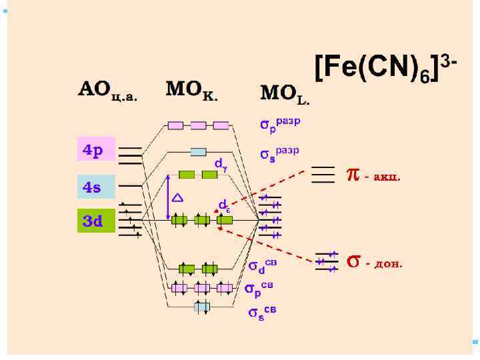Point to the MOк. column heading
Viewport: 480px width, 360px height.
tap(192, 90)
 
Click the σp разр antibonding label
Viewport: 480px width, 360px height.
tap(280, 124)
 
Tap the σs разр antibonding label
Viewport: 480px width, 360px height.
tap(280, 155)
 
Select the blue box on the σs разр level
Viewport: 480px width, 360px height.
tap(199, 151)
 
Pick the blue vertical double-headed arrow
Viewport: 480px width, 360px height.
tap(168, 197)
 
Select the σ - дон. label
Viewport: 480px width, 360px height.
tap(375, 261)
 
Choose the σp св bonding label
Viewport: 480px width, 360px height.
tap(259, 289)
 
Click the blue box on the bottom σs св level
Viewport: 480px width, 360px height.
tap(202, 307)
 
